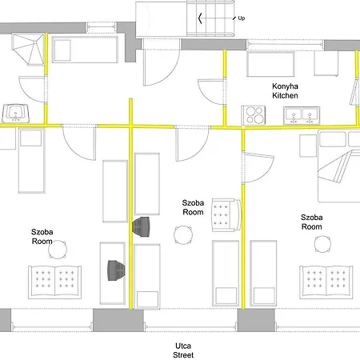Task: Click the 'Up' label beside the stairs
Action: [241, 18]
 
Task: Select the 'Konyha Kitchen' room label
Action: [285, 91]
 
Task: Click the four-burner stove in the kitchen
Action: [254, 115]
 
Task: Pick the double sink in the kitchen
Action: [302, 116]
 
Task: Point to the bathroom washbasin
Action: [16, 114]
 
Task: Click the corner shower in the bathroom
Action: [28, 49]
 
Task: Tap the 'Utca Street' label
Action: [183, 350]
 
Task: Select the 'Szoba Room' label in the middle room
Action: [193, 207]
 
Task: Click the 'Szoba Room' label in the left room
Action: [42, 237]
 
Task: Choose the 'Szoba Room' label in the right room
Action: [311, 222]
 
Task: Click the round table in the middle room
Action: [183, 235]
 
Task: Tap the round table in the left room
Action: [58, 250]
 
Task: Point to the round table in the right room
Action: [322, 244]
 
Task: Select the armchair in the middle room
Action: [226, 215]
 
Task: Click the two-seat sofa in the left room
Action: [55, 282]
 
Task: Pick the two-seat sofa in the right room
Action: [326, 282]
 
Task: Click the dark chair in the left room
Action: [116, 270]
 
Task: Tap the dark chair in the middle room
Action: [141, 226]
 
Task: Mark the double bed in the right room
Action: [339, 166]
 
